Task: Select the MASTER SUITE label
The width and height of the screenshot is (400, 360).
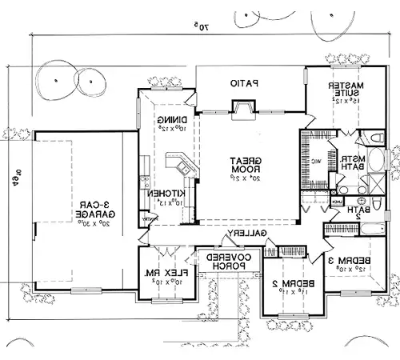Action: (x=348, y=89)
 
